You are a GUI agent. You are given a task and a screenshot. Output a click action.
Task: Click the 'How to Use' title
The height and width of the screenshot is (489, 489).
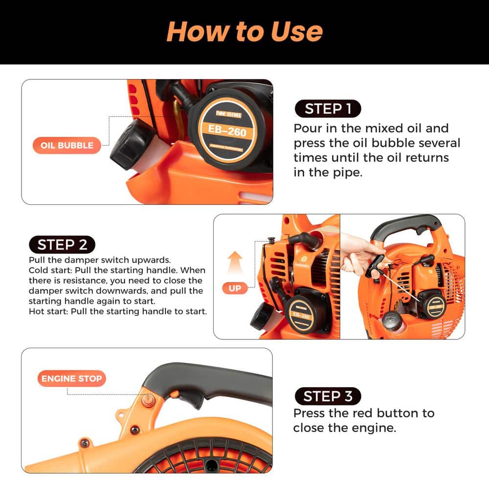click(x=244, y=31)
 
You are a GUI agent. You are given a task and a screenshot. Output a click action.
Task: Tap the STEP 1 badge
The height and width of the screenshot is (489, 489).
click(x=328, y=109)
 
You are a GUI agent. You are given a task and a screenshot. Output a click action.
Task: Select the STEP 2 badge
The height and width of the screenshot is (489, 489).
click(x=62, y=244)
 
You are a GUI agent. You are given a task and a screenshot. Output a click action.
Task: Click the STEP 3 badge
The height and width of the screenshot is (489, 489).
click(x=328, y=396)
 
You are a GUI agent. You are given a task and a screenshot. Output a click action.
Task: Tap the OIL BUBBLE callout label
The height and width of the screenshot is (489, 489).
click(x=67, y=145)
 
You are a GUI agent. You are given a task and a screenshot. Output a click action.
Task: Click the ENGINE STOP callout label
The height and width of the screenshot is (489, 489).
click(x=71, y=378)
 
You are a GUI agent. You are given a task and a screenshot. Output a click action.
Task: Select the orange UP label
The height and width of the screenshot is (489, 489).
click(x=235, y=288)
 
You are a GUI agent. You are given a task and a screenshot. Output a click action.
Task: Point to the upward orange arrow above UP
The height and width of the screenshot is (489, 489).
click(x=236, y=262)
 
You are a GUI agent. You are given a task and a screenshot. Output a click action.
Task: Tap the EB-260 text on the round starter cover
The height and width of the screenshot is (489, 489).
click(x=227, y=131)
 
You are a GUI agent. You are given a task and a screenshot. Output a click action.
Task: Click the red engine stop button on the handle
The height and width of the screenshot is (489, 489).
click(x=146, y=399)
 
